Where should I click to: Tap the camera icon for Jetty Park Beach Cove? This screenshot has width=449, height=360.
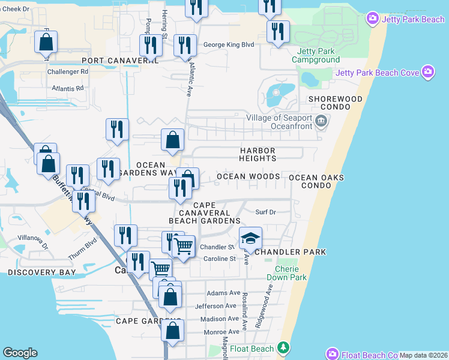tap(428, 72)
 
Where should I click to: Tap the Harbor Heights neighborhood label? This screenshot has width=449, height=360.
tap(258, 154)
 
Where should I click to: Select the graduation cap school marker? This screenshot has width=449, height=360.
tap(250, 238)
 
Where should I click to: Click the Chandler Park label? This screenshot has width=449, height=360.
tap(290, 251)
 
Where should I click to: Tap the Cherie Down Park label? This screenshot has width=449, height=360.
tap(291, 272)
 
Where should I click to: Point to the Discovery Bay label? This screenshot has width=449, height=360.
tap(42, 272)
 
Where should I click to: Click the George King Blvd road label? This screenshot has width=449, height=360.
tap(229, 44)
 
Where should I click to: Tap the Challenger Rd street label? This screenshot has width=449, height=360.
tap(68, 71)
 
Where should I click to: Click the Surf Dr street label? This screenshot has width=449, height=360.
tap(265, 212)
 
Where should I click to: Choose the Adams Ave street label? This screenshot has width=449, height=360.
tap(223, 293)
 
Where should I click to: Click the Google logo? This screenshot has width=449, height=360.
tap(20, 353)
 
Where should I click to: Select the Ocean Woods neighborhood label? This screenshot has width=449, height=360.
tap(249, 176)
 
